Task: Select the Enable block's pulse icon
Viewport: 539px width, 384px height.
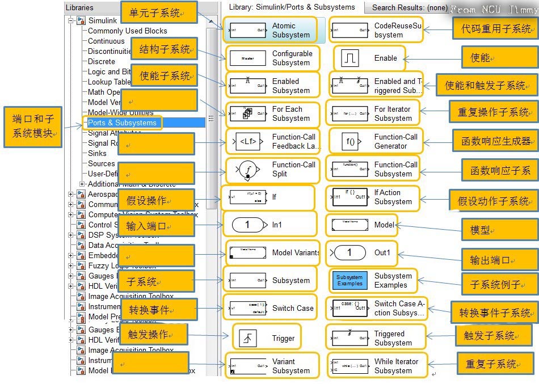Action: (x=350, y=58)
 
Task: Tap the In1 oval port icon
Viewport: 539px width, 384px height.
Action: (x=247, y=225)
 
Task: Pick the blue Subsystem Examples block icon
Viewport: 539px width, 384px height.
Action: (x=349, y=280)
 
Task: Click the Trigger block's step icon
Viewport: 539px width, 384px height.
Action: (x=247, y=338)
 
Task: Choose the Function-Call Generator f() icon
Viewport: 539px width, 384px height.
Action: (x=350, y=141)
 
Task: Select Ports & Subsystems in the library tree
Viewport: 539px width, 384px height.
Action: (x=122, y=123)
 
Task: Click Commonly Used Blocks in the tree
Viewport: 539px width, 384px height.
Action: (x=127, y=31)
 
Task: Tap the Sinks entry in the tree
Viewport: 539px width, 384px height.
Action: (x=97, y=153)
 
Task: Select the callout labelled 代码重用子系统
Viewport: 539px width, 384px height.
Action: (x=493, y=28)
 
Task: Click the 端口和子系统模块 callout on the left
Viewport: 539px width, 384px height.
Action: (x=33, y=126)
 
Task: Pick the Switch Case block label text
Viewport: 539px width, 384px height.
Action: (x=293, y=308)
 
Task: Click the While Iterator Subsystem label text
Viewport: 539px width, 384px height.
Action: (x=396, y=366)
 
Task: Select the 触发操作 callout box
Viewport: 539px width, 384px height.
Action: (x=153, y=335)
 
